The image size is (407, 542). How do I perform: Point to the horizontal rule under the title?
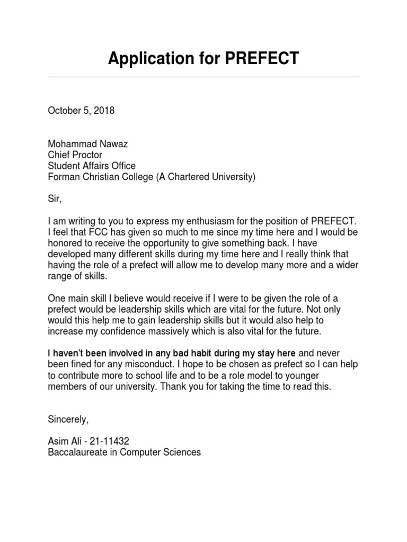[203, 77]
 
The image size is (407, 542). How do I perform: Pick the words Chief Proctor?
[75, 155]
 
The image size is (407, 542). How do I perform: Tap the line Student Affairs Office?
[92, 166]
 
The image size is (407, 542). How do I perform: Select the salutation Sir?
[54, 199]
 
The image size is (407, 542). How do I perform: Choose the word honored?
[65, 243]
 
